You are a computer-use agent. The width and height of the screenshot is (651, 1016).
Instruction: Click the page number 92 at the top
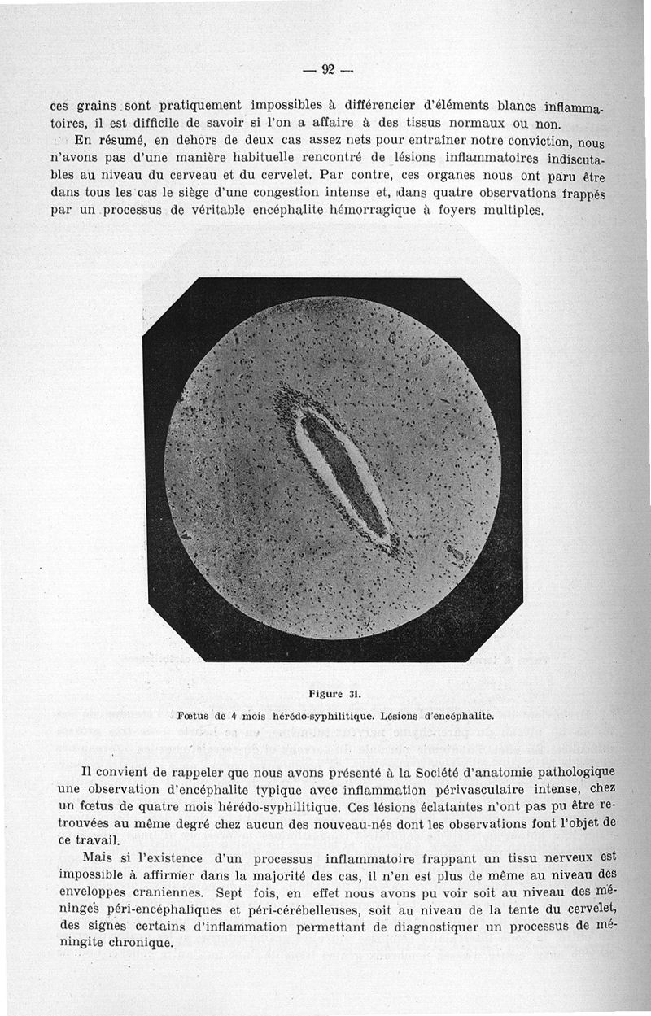(329, 69)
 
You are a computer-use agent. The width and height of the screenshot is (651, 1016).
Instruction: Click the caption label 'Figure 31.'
(334, 694)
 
